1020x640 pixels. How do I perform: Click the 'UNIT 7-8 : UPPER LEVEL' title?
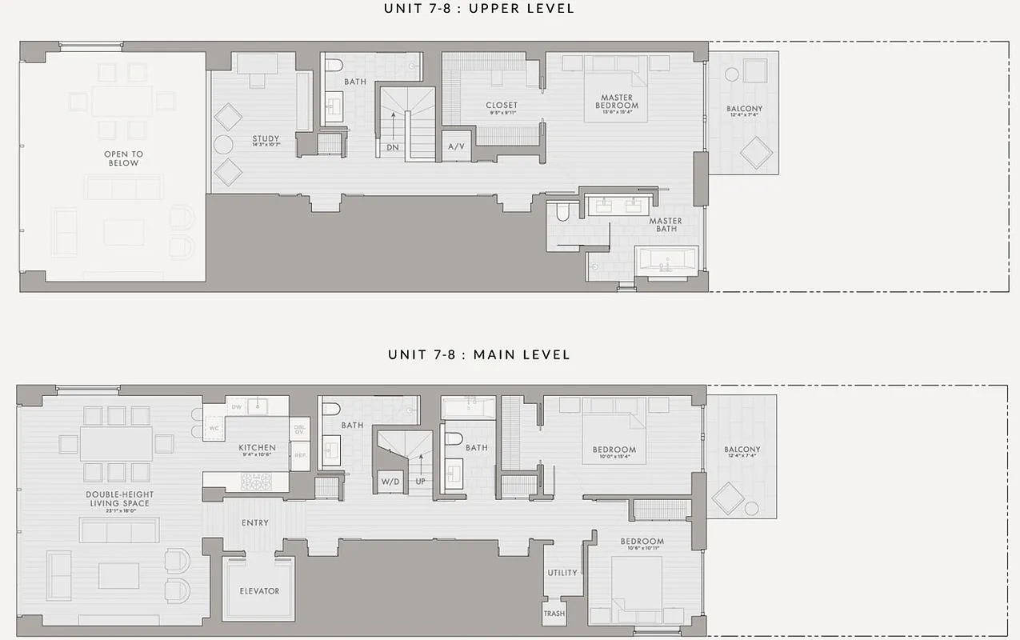pyautogui.click(x=479, y=9)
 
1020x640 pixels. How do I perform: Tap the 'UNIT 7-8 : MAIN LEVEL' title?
pyautogui.click(x=479, y=354)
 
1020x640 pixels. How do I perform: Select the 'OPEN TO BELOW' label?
pyautogui.click(x=123, y=158)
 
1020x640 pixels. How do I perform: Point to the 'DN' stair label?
pyautogui.click(x=393, y=147)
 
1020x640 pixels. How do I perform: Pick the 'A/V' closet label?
pyautogui.click(x=456, y=147)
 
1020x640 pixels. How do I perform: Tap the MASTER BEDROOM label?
pyautogui.click(x=618, y=102)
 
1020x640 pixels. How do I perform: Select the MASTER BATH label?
pyautogui.click(x=665, y=225)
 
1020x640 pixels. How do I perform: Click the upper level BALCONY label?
pyautogui.click(x=744, y=110)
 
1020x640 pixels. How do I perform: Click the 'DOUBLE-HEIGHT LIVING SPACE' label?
pyautogui.click(x=119, y=498)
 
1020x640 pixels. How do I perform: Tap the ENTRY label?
pyautogui.click(x=254, y=523)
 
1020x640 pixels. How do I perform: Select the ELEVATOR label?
pyautogui.click(x=259, y=591)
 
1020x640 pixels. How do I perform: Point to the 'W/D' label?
pyautogui.click(x=390, y=482)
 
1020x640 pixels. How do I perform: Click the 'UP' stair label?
pyautogui.click(x=421, y=482)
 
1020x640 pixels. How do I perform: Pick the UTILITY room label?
pyautogui.click(x=562, y=573)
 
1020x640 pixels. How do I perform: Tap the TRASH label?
pyautogui.click(x=554, y=614)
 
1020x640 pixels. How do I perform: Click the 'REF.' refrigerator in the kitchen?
pyautogui.click(x=301, y=455)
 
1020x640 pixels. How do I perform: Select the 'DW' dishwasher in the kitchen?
pyautogui.click(x=236, y=407)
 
